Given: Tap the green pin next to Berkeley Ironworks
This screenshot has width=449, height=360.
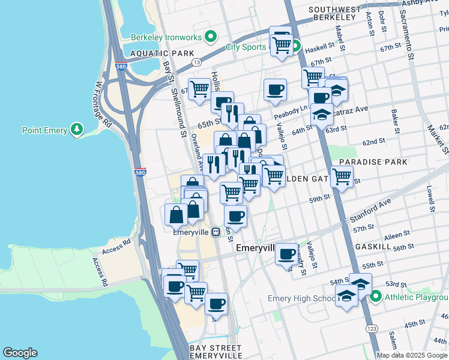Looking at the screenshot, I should (x=209, y=37).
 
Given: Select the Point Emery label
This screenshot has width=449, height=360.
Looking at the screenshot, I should (x=44, y=130).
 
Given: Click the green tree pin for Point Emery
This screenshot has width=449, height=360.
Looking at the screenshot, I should (x=76, y=129).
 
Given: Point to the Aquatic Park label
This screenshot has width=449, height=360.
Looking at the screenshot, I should (x=161, y=53).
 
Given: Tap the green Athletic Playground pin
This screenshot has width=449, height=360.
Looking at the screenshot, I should (x=376, y=296).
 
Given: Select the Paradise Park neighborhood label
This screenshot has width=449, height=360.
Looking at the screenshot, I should (x=373, y=162).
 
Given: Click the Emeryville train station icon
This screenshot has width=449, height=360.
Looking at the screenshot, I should (x=215, y=232).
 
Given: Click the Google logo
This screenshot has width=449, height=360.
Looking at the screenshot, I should (x=20, y=353).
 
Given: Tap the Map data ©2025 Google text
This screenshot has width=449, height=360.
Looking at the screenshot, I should (x=412, y=355).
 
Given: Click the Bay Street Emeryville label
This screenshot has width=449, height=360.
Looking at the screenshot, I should (x=214, y=352).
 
